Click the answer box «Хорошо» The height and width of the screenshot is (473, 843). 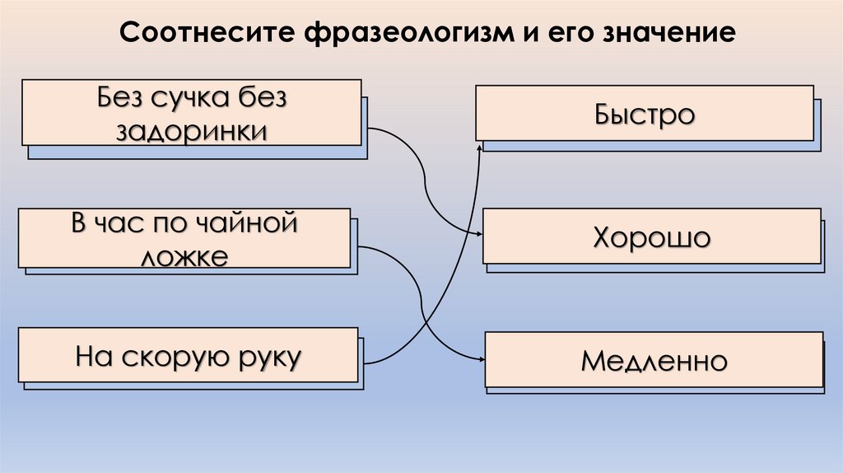point(650,238)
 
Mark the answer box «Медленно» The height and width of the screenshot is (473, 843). point(654,360)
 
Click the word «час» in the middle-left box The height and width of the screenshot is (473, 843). point(127,224)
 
